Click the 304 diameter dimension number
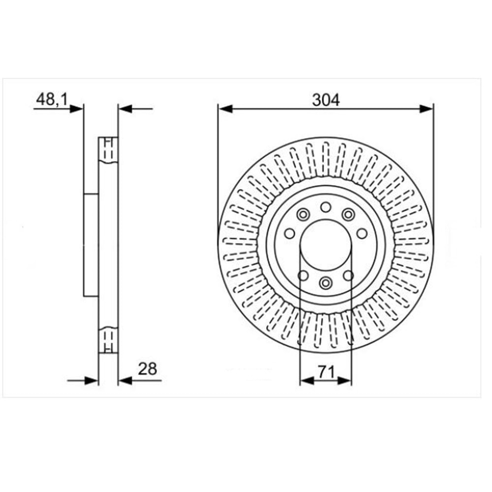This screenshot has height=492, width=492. point(326,100)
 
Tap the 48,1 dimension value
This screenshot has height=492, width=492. point(52,100)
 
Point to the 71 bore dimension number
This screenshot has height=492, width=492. point(326,372)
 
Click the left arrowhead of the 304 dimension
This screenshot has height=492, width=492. point(224,109)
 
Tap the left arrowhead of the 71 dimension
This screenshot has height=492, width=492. point(306,380)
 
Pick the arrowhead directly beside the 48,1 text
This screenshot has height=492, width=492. point(77,109)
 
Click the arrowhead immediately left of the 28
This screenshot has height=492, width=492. point(125,380)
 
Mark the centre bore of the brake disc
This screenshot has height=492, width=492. point(326,245)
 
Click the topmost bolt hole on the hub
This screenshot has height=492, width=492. point(326,207)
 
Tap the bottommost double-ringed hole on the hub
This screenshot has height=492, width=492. point(325,282)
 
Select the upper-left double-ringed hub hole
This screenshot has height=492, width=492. point(303,215)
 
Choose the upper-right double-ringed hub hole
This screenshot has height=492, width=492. point(348,215)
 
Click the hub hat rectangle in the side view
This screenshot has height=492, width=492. point(91,245)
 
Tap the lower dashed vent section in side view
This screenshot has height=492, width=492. point(109,339)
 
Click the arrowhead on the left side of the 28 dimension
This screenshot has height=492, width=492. point(92,380)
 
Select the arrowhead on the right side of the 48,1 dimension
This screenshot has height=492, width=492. point(125,109)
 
